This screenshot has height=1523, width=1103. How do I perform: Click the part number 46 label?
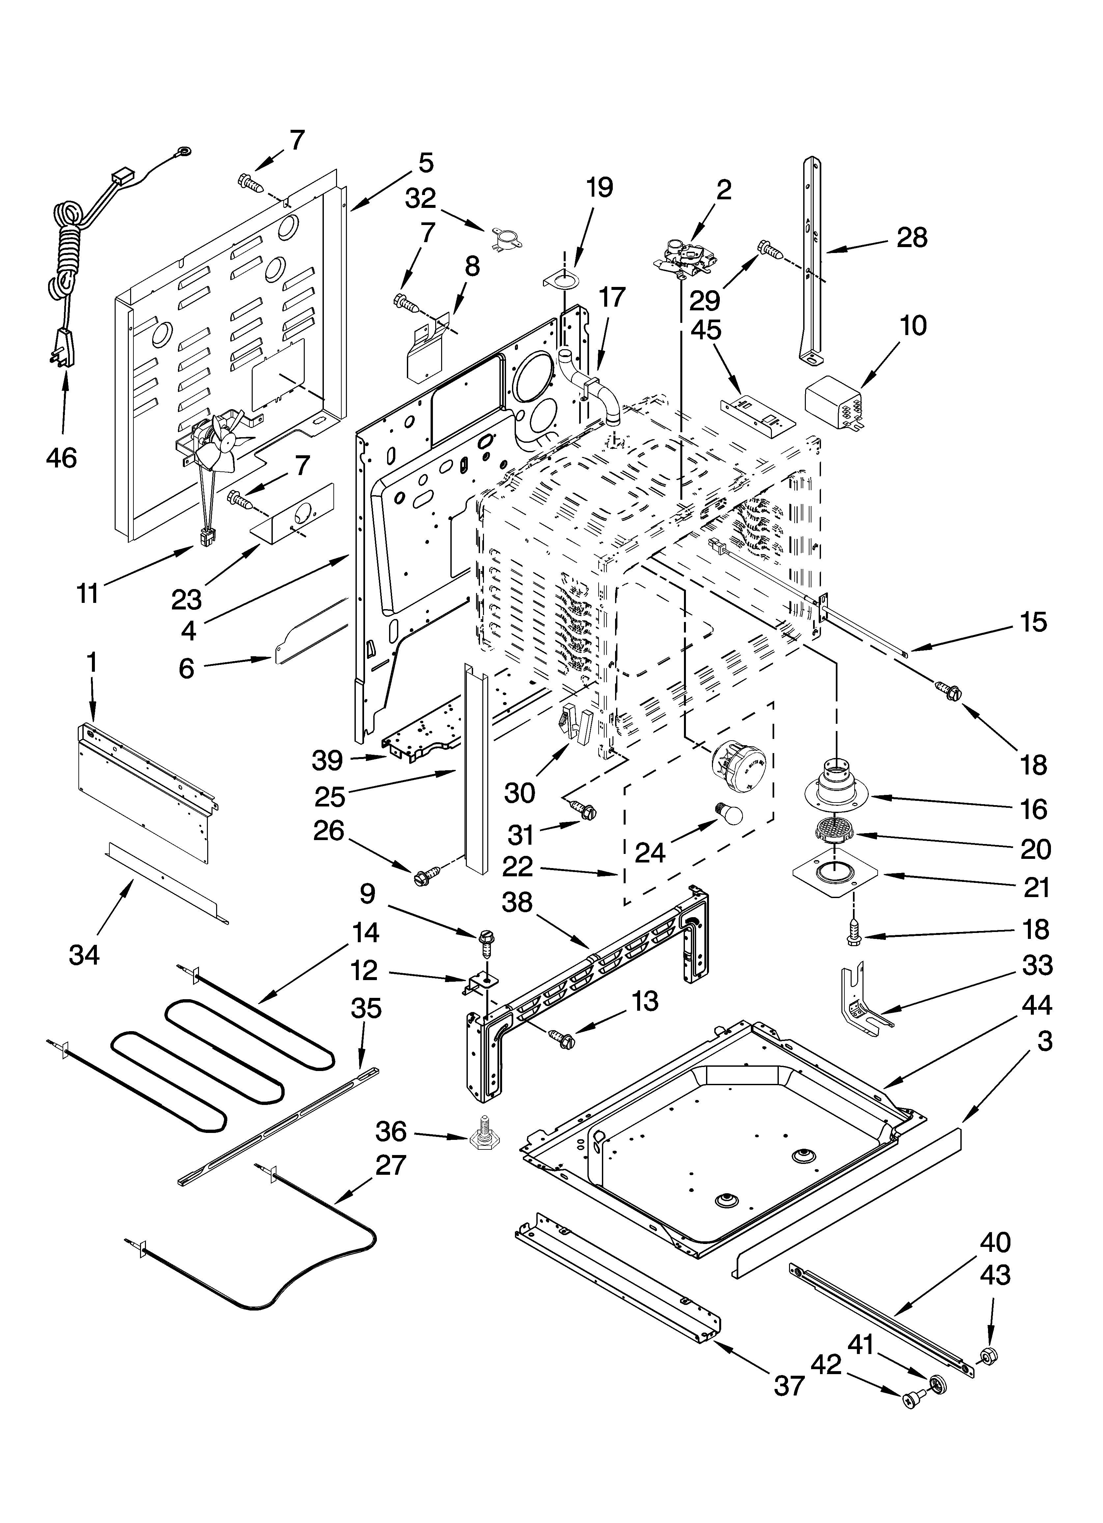click(x=62, y=458)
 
